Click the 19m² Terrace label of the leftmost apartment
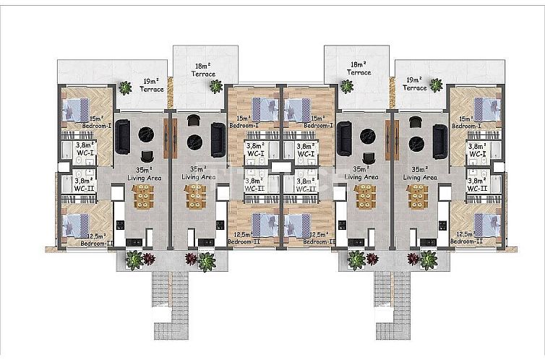click(150, 85)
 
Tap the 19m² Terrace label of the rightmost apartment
click(414, 85)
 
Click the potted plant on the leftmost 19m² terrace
click(126, 87)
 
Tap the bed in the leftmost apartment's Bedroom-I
click(76, 108)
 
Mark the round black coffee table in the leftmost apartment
click(145, 133)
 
